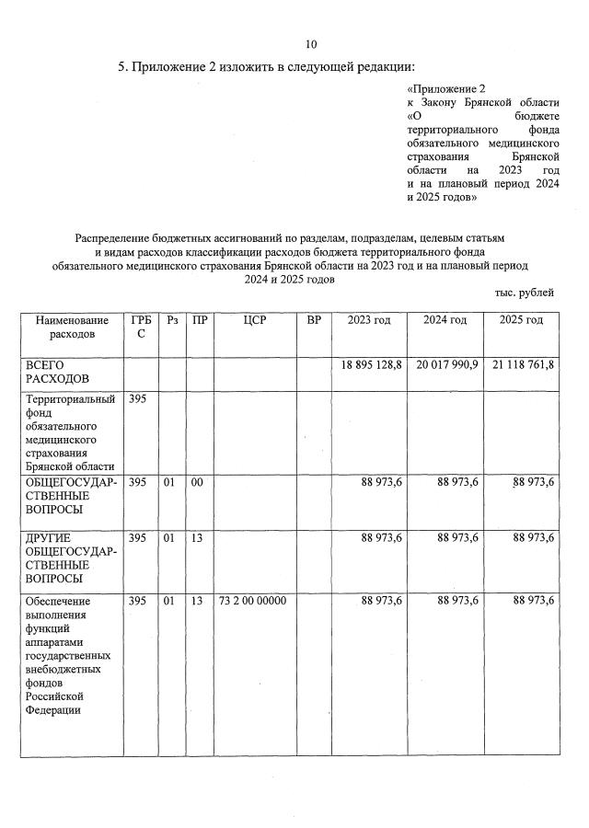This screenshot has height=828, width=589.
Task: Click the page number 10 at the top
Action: tap(310, 44)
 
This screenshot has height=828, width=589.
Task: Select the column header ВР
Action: tap(314, 320)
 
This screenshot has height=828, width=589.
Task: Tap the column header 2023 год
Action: tap(369, 320)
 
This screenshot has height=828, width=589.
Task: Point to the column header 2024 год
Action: tap(445, 320)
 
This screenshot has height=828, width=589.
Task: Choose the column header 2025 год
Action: tap(521, 320)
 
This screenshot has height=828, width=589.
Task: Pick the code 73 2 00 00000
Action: tap(253, 601)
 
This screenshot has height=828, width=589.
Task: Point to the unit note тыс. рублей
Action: tap(524, 293)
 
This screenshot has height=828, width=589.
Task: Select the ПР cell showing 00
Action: tap(197, 482)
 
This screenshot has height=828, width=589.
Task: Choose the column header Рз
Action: tap(172, 320)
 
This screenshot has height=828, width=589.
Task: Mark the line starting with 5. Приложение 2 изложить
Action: tap(267, 67)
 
